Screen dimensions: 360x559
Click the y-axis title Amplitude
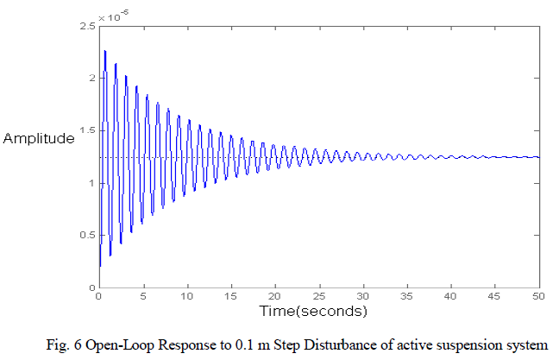(39, 138)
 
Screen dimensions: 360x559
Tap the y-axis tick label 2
(89, 79)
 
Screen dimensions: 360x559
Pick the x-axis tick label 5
(143, 296)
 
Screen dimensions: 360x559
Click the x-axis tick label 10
(186, 296)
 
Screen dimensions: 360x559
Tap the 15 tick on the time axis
(230, 296)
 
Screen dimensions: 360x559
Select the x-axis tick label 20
(274, 296)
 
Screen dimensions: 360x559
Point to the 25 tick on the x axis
(318, 296)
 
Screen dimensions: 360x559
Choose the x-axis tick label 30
(362, 296)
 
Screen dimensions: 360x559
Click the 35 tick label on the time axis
(407, 296)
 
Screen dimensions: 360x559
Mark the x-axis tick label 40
(451, 296)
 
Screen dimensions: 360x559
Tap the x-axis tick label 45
(495, 296)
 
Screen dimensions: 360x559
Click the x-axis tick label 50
(538, 296)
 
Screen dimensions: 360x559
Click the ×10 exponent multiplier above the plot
(111, 16)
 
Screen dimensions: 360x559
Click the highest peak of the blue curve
(104, 51)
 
